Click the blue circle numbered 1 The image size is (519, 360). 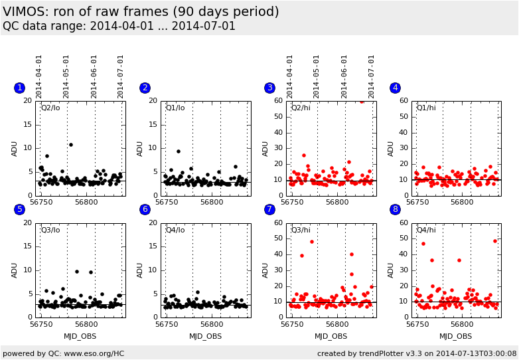pos(19,88)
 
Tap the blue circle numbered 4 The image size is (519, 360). pos(395,88)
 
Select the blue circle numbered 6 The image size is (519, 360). pos(145,209)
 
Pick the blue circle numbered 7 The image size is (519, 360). pos(269,209)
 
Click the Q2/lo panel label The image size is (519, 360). pos(50,108)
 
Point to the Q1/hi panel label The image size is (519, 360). pos(426,108)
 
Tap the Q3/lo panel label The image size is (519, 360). pos(50,230)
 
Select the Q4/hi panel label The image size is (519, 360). pos(426,230)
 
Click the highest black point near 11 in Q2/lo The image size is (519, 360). pos(71,145)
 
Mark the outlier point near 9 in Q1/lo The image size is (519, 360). pos(178,151)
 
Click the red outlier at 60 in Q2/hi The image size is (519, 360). pos(362,102)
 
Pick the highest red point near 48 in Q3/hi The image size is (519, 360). pos(312,242)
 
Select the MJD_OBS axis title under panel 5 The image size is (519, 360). pos(80,336)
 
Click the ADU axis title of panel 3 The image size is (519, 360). pos(265,148)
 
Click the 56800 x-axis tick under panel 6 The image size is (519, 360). pos(212,324)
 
